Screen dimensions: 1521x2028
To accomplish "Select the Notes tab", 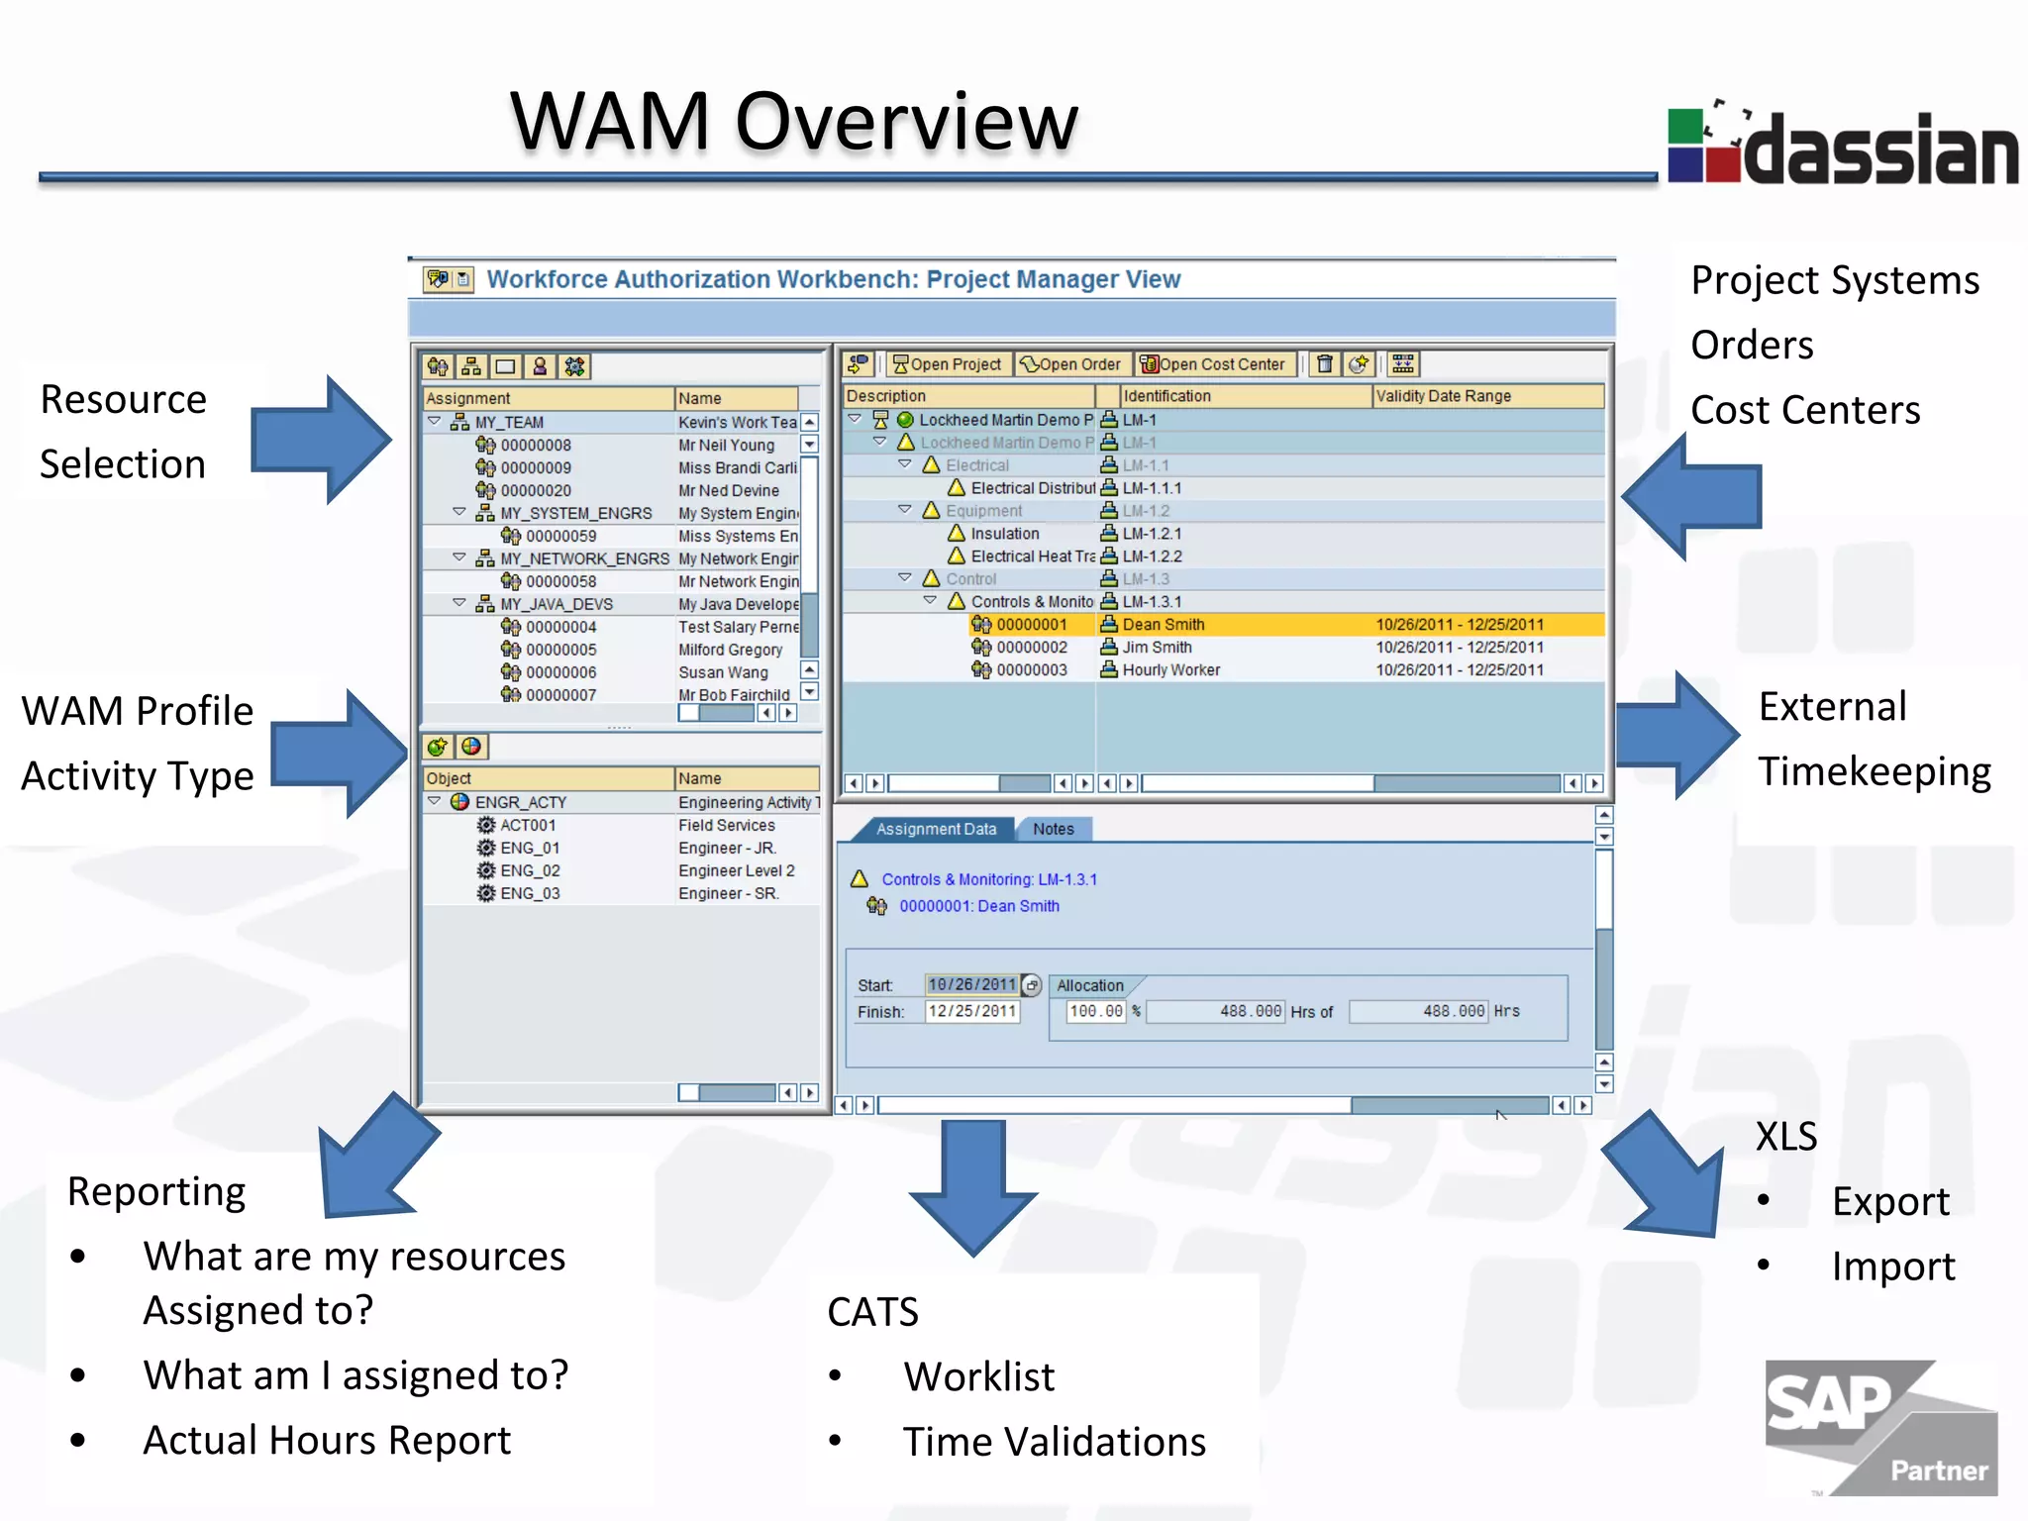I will [x=1053, y=829].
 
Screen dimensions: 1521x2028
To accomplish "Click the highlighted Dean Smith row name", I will [x=1164, y=625].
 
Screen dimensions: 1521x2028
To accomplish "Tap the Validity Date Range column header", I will [x=1443, y=396].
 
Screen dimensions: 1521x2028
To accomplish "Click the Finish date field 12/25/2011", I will [x=971, y=1011].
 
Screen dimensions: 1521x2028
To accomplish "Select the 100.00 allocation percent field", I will [x=1096, y=1011].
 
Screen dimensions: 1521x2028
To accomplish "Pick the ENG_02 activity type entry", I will [x=530, y=870].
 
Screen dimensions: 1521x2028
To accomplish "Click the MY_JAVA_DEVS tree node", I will [x=556, y=604].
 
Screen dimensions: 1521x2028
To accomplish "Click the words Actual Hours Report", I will [x=327, y=1440].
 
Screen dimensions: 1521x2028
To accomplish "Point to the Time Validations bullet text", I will [x=1054, y=1442].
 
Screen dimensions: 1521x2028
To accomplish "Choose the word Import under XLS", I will [x=1892, y=1267].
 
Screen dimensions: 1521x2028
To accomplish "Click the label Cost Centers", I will [x=1804, y=410].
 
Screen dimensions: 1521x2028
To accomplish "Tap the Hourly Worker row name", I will [x=1170, y=670].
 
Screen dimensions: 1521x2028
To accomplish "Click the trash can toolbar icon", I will [x=1324, y=364].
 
